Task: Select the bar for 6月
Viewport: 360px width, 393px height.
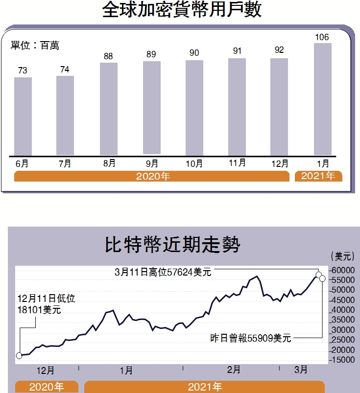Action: (x=23, y=116)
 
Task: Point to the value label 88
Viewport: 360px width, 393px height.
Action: (x=108, y=56)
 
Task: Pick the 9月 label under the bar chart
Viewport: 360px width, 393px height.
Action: (x=152, y=163)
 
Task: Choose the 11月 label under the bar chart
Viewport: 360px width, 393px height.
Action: (x=237, y=163)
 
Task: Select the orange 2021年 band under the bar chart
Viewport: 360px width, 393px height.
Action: (x=318, y=176)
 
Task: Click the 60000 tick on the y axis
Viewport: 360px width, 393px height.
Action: (x=341, y=270)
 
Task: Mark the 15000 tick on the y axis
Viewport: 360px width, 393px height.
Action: (x=341, y=360)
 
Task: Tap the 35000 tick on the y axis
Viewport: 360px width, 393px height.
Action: (x=341, y=320)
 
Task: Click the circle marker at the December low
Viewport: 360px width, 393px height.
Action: (x=19, y=356)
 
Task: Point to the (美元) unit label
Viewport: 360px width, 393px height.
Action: (x=342, y=256)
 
